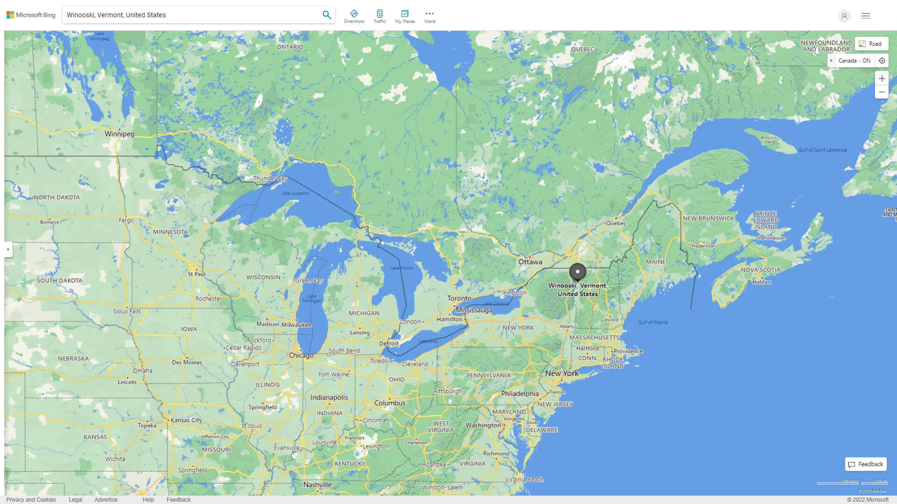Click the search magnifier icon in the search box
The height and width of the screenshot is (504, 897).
coord(327,15)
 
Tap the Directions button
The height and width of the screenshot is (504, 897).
coord(354,16)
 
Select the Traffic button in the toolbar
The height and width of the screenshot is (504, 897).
coord(380,16)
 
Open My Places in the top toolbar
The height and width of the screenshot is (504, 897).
coord(405,16)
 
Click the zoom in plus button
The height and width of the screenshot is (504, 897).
coord(882,78)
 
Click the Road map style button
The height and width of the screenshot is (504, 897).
coord(871,44)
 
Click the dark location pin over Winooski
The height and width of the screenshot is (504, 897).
coord(577,272)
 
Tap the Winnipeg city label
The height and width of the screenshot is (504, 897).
coord(119,134)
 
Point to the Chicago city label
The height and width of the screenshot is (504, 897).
coord(301,356)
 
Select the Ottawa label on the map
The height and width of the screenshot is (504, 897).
coord(530,262)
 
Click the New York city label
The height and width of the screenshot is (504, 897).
coord(562,373)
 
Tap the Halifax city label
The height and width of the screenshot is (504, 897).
coord(762,282)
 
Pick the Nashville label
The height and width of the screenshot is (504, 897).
coord(317,485)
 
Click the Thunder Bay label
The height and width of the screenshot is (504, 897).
coord(270,178)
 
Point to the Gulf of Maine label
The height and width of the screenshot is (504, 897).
coord(653,322)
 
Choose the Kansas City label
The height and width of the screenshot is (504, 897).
coord(186,420)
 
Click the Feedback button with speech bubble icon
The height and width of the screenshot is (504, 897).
coord(866,464)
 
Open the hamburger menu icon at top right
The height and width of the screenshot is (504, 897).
coord(866,16)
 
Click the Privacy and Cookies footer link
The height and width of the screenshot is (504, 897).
coord(31,500)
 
